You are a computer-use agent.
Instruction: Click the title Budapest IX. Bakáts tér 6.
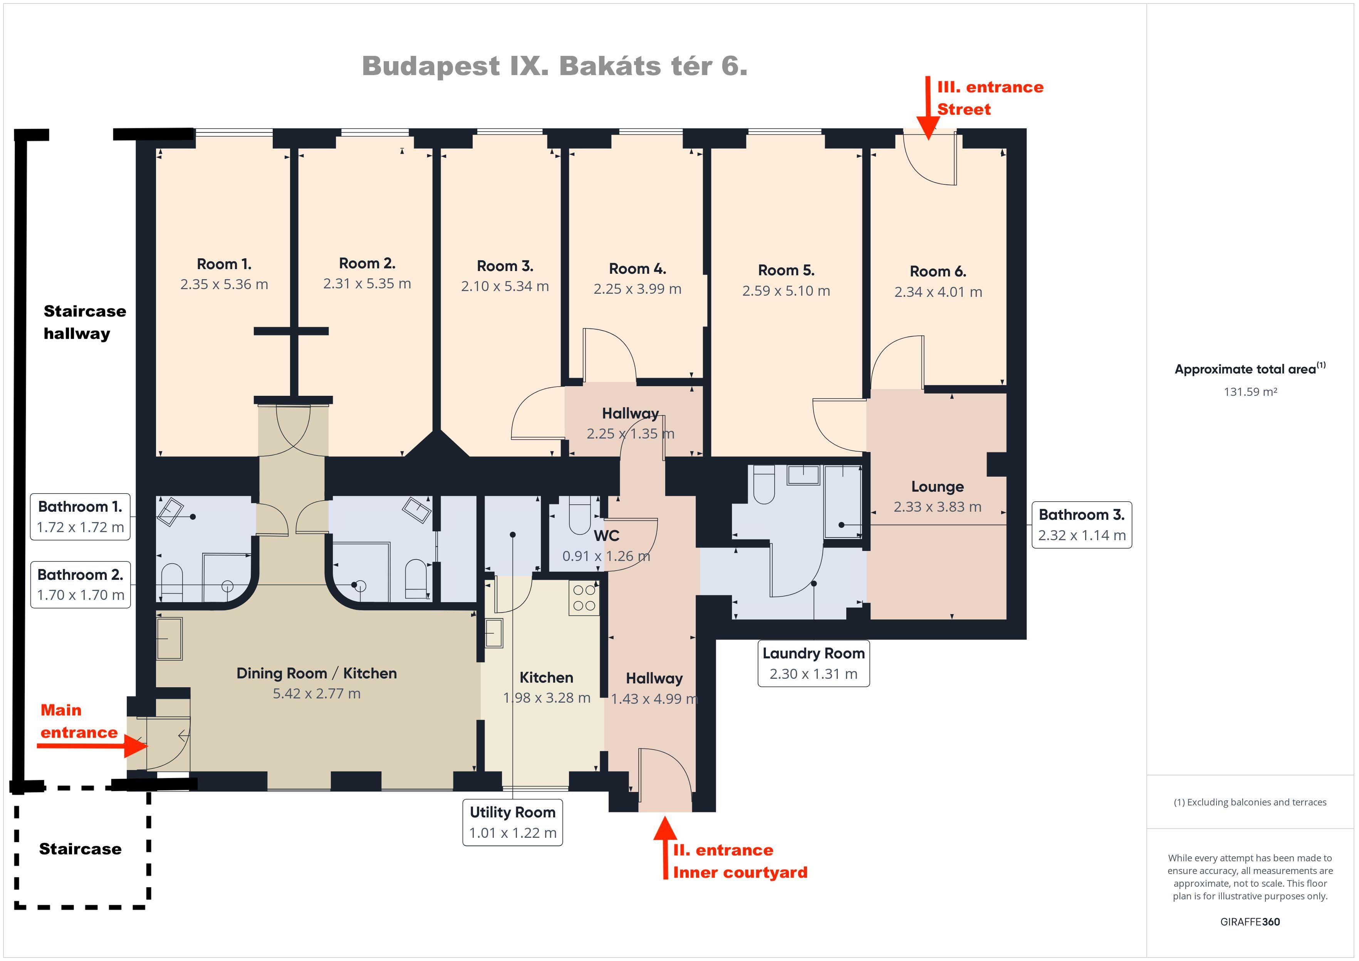tap(555, 66)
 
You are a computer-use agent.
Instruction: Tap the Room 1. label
tap(224, 264)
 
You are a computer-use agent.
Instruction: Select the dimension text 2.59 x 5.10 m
tap(786, 291)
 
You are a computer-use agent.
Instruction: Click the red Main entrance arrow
tap(92, 746)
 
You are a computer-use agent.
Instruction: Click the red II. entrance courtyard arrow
tap(665, 847)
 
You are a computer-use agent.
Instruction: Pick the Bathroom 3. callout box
tap(1081, 525)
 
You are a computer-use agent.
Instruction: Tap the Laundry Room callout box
tap(813, 663)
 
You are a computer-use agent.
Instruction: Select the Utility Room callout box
tap(513, 822)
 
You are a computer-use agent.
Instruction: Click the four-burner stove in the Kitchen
tap(584, 598)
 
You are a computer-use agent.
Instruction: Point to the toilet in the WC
tap(579, 515)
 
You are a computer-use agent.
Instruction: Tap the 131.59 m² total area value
tap(1250, 392)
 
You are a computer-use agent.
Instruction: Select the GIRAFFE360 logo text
tap(1250, 921)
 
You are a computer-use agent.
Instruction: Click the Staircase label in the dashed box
tap(81, 849)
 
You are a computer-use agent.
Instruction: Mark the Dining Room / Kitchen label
tap(317, 673)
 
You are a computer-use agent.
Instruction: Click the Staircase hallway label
tap(85, 323)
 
